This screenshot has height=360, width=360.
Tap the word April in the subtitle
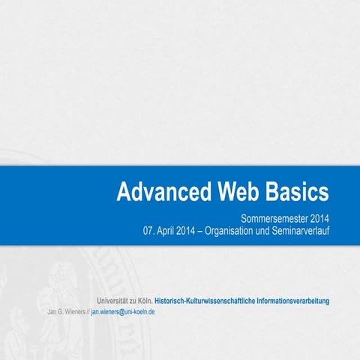(170, 230)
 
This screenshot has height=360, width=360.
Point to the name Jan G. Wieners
(65, 310)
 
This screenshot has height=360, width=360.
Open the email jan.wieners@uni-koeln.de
(123, 310)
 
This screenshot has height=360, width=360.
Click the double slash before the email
(87, 310)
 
